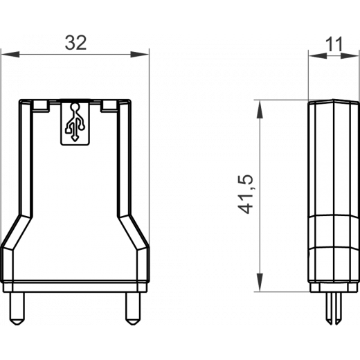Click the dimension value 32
(x=75, y=43)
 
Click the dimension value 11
(x=334, y=44)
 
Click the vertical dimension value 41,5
(x=246, y=195)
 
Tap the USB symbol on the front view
(x=75, y=122)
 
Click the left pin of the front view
(x=17, y=309)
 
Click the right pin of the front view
(x=133, y=309)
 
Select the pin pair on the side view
(x=334, y=308)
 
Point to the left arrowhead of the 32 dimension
(x=10, y=55)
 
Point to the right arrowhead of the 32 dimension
(x=140, y=55)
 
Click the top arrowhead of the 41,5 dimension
(x=260, y=109)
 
